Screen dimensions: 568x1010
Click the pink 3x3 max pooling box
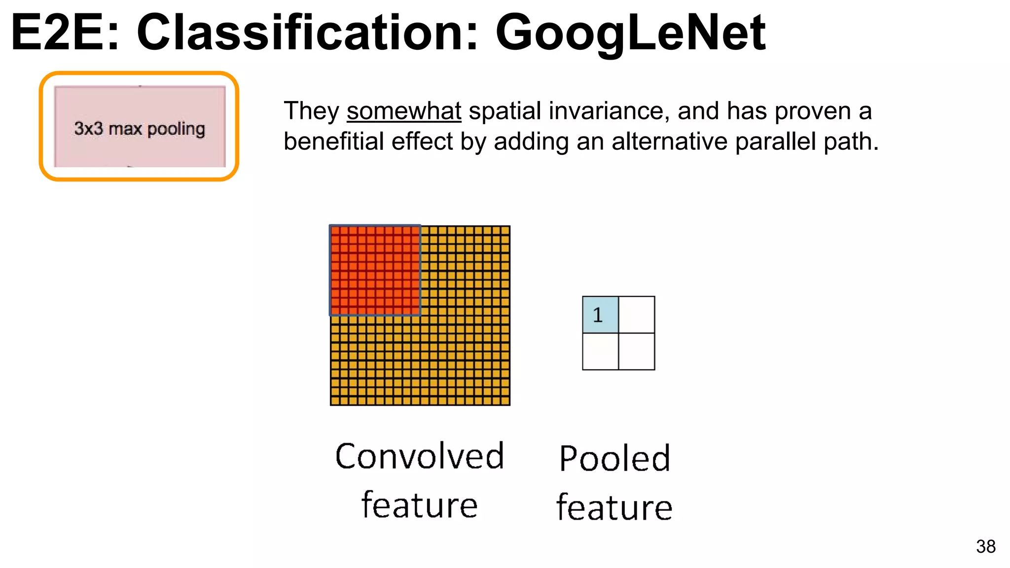[x=140, y=127]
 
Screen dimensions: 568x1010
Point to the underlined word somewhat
[x=404, y=111]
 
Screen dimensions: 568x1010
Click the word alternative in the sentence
[x=669, y=142]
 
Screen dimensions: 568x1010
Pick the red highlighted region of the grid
[x=375, y=270]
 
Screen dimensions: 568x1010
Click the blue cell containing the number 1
[x=600, y=315]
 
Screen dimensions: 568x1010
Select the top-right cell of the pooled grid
[x=637, y=315]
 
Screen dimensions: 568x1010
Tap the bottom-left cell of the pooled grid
[x=600, y=352]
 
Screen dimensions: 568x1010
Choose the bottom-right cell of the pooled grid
[x=637, y=352]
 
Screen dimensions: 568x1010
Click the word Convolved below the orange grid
[x=420, y=456]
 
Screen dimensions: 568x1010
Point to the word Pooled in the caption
[x=614, y=459]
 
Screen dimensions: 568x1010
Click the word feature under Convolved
[x=420, y=505]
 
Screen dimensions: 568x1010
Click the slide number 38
[x=985, y=546]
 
